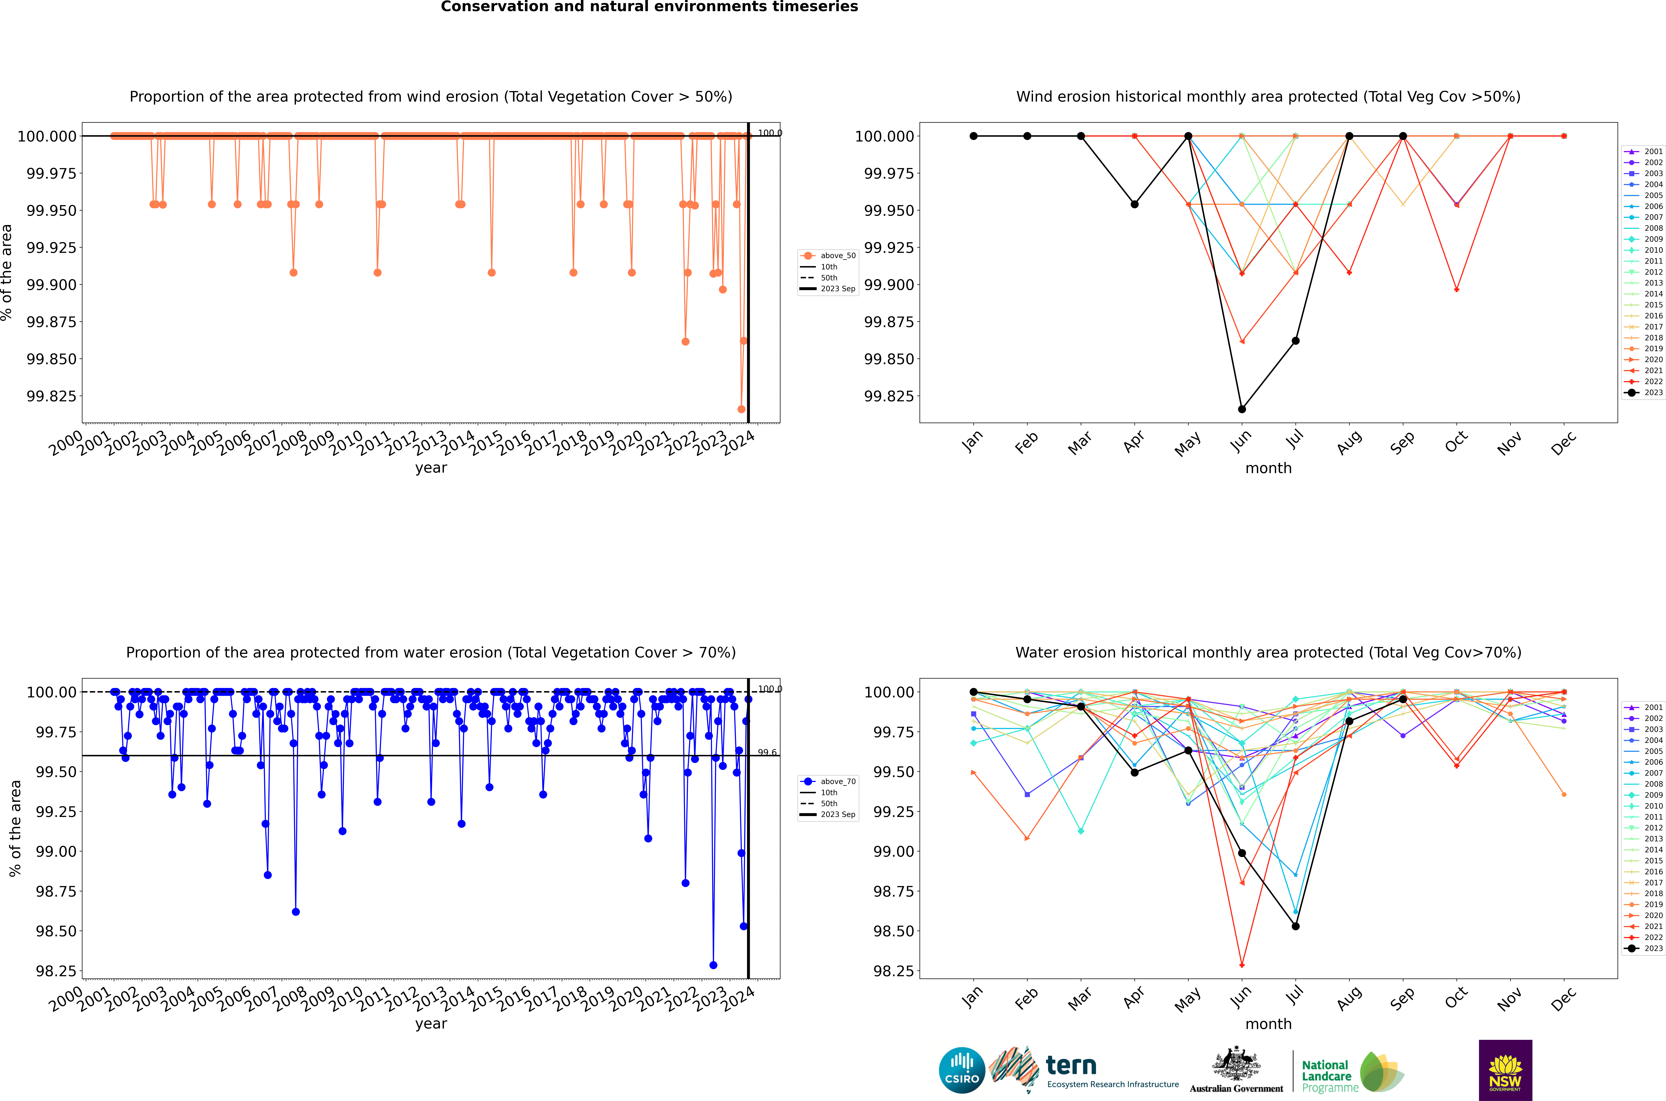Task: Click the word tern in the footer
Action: click(1071, 1066)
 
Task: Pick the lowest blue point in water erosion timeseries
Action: click(713, 965)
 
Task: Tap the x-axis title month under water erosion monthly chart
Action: click(1268, 1024)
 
